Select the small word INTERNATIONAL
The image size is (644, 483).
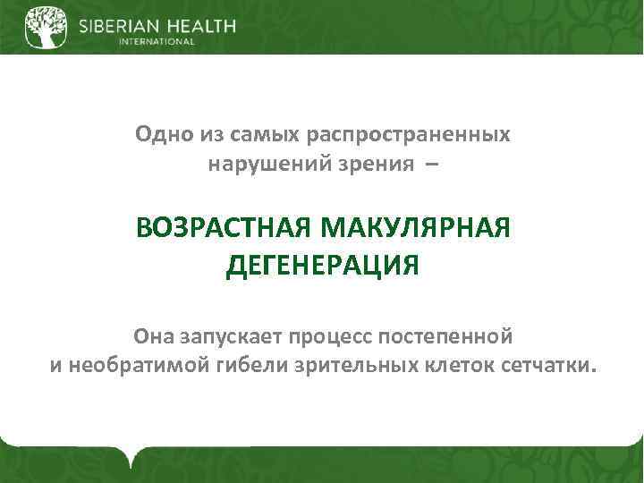[x=157, y=41]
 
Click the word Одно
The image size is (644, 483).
[x=159, y=134]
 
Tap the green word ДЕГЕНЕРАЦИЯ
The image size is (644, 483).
[x=323, y=266]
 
